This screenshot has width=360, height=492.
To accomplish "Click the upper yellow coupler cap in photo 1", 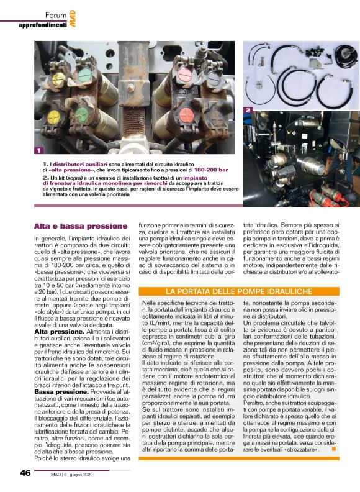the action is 58,79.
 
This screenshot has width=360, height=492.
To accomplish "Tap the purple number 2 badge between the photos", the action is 248,110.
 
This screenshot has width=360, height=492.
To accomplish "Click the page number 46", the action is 25,473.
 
